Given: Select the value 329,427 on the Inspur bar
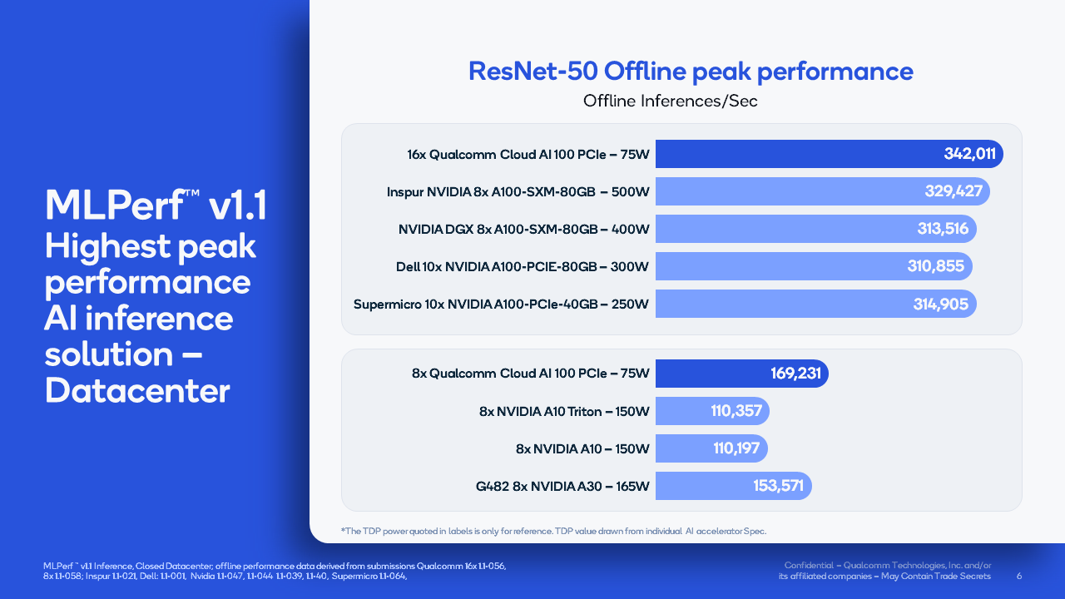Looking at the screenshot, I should click(954, 191).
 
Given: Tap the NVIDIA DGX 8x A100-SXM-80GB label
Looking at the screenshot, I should click(523, 229).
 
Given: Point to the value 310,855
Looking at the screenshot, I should click(935, 266).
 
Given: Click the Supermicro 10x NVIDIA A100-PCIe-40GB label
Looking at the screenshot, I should click(501, 304).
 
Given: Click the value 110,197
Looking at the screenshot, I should click(736, 448).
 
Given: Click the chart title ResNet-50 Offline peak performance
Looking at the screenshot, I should click(691, 71).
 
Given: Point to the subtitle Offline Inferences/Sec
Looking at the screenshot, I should click(671, 101).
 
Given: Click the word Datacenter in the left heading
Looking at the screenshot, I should click(137, 390).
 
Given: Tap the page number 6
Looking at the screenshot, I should click(1020, 576).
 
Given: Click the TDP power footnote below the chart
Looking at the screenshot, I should click(552, 531).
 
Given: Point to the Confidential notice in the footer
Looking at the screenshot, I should click(887, 571).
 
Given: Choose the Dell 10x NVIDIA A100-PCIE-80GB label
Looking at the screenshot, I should click(523, 267).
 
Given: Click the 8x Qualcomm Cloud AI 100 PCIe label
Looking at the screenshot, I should click(530, 374).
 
